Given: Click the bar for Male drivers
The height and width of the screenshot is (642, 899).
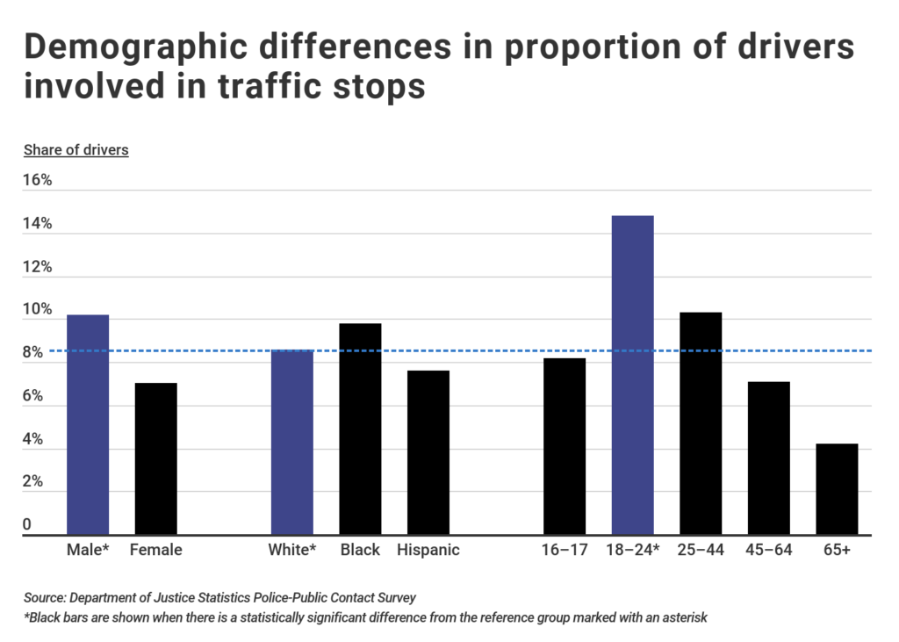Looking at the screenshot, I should coord(88,425).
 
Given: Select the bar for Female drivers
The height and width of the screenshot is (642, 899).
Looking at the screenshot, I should coord(155,458).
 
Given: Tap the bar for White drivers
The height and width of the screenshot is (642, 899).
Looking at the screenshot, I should coord(291,443).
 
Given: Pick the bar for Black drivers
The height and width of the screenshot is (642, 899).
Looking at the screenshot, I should coord(360,429).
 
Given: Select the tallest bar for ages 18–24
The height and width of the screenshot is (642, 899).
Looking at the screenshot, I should coord(632,375).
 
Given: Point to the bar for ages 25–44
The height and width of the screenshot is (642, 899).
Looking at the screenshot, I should coord(701,423).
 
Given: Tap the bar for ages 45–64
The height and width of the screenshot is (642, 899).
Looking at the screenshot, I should coord(768,458).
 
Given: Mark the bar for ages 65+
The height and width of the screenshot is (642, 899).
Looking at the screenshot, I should coord(837,489).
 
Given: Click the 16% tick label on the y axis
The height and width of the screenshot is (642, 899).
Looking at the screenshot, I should coord(39,180).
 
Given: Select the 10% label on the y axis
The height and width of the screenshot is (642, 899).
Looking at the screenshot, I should coord(39,310).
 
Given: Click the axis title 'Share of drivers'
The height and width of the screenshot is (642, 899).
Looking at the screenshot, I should coord(76,149).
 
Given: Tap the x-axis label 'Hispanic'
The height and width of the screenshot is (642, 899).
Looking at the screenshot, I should coord(428,550).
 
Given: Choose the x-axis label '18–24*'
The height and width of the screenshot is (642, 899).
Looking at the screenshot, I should coord(632,550).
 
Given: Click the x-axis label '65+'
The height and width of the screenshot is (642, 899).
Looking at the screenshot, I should coord(837,550).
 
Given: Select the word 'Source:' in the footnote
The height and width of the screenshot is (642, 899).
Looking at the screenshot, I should coord(48,597).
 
